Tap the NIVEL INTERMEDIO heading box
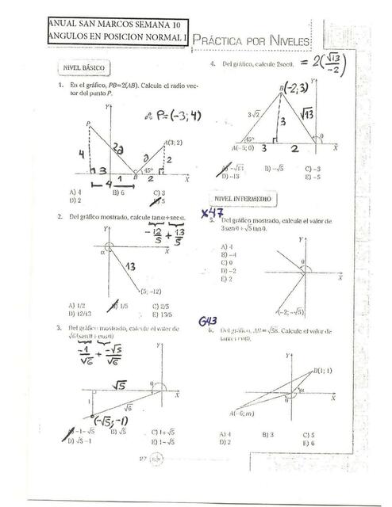tap(242, 199)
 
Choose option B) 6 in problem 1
tap(118, 193)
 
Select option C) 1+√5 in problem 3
tap(162, 432)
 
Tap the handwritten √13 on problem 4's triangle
tap(306, 116)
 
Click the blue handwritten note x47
tap(209, 212)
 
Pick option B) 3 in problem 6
tap(267, 434)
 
